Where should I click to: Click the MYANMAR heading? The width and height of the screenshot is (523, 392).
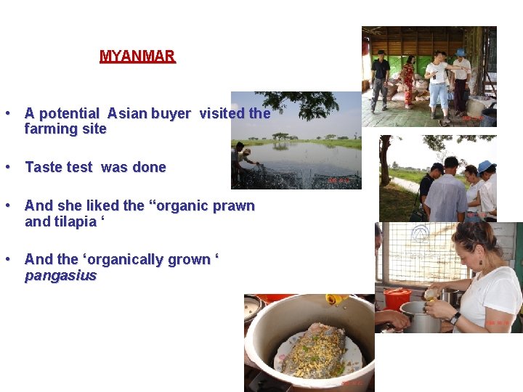pyautogui.click(x=137, y=56)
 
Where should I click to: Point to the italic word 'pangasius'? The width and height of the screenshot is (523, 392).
pyautogui.click(x=60, y=276)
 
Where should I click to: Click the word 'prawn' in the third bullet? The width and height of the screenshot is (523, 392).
pyautogui.click(x=233, y=205)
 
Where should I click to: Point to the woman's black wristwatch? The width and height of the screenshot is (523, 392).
pyautogui.click(x=454, y=318)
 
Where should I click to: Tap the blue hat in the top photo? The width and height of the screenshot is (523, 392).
pyautogui.click(x=460, y=52)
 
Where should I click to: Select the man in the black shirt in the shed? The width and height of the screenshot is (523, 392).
pyautogui.click(x=380, y=79)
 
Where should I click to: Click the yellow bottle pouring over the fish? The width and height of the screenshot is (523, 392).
pyautogui.click(x=336, y=298)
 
